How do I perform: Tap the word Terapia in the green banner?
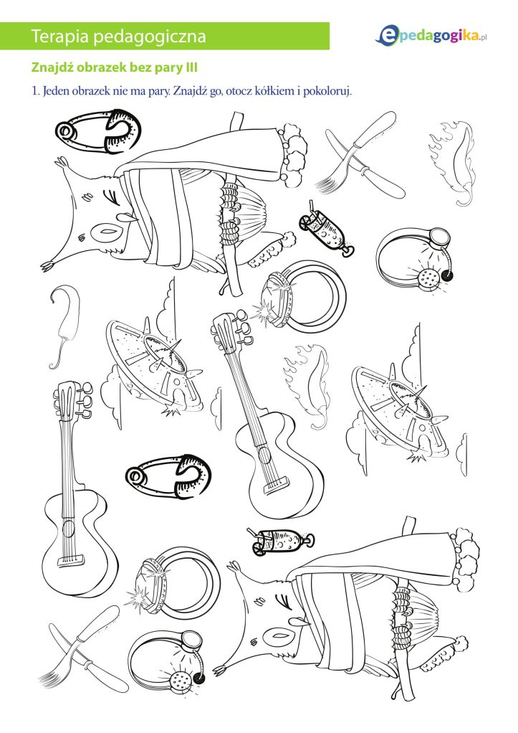[60, 36]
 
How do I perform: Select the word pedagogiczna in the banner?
[150, 37]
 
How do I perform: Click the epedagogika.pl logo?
[431, 36]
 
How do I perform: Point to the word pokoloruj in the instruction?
[327, 91]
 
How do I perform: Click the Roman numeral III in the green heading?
[191, 68]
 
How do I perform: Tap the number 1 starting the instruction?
[34, 91]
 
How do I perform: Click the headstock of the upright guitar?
[72, 400]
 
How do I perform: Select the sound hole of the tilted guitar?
[264, 453]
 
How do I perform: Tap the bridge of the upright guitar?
[70, 560]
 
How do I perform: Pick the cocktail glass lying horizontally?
[280, 542]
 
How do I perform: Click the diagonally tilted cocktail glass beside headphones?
[326, 228]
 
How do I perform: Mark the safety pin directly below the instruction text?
[97, 131]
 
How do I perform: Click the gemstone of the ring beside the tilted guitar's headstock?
[276, 300]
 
